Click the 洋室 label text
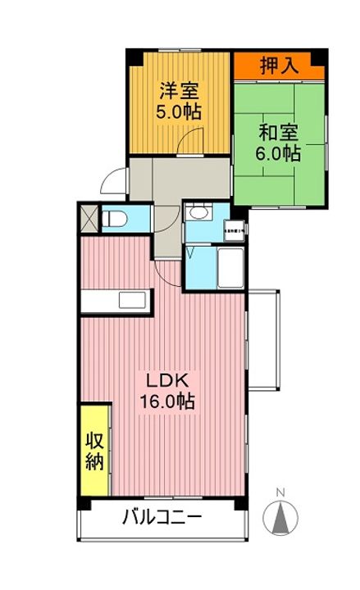click(x=180, y=89)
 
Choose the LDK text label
click(x=168, y=381)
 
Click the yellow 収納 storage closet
click(x=95, y=450)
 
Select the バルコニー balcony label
click(x=162, y=517)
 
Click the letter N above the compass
click(x=280, y=492)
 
